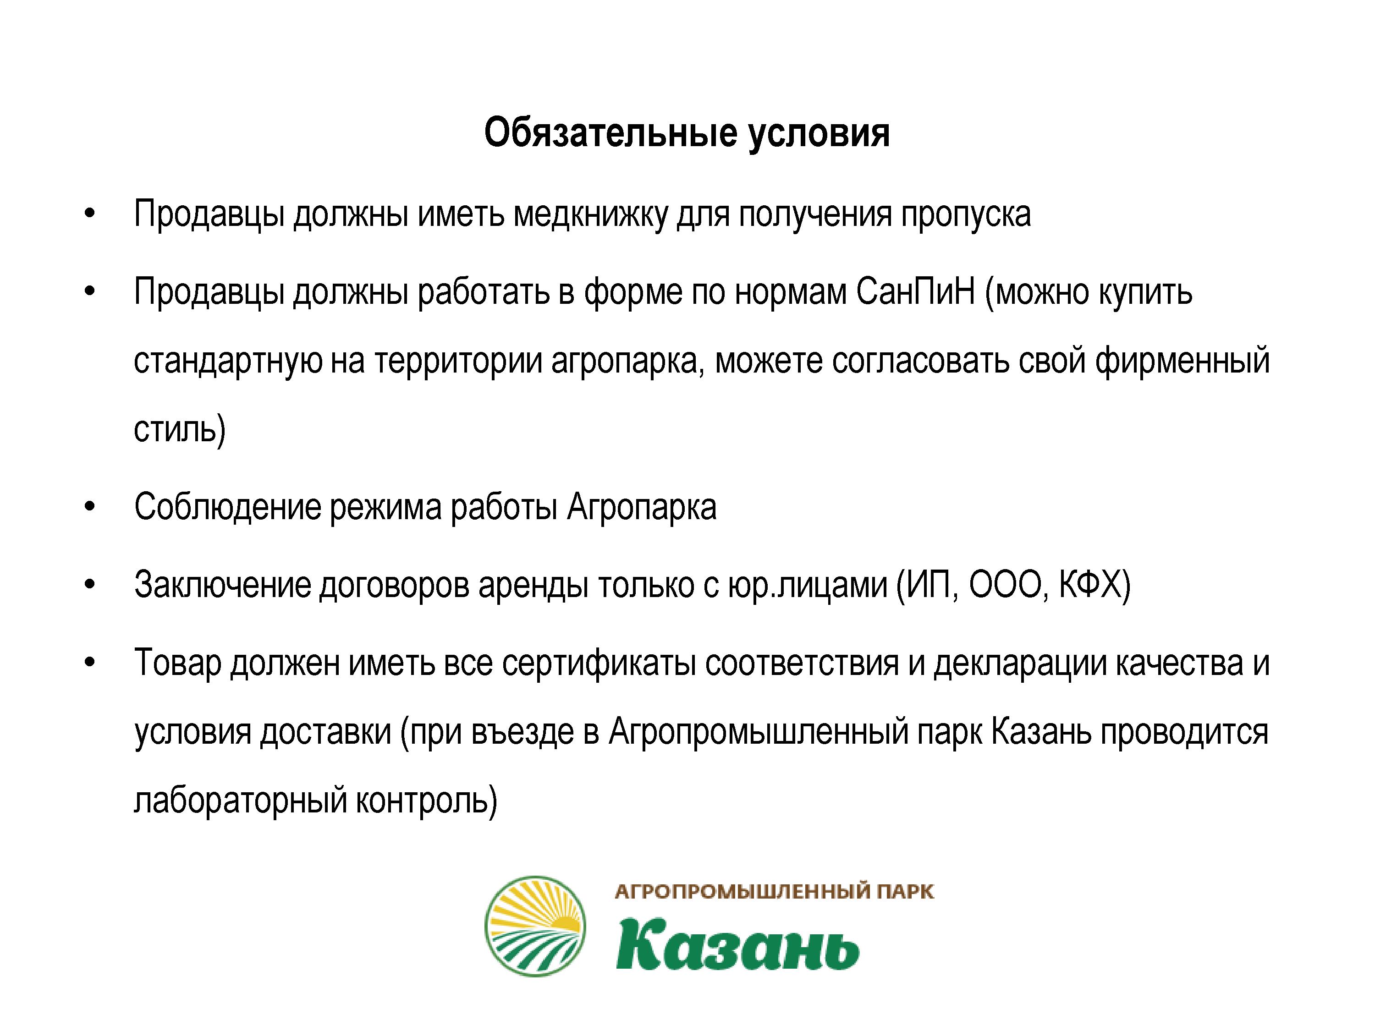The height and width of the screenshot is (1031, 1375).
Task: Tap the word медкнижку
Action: point(590,215)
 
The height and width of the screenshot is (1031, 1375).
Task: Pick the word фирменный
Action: point(1182,361)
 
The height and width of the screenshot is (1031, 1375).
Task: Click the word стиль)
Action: point(180,429)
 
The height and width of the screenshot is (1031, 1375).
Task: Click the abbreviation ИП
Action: point(927,586)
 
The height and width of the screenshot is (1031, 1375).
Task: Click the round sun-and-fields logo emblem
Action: point(535,926)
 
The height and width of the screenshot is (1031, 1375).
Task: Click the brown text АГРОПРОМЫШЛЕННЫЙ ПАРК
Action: point(775,892)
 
